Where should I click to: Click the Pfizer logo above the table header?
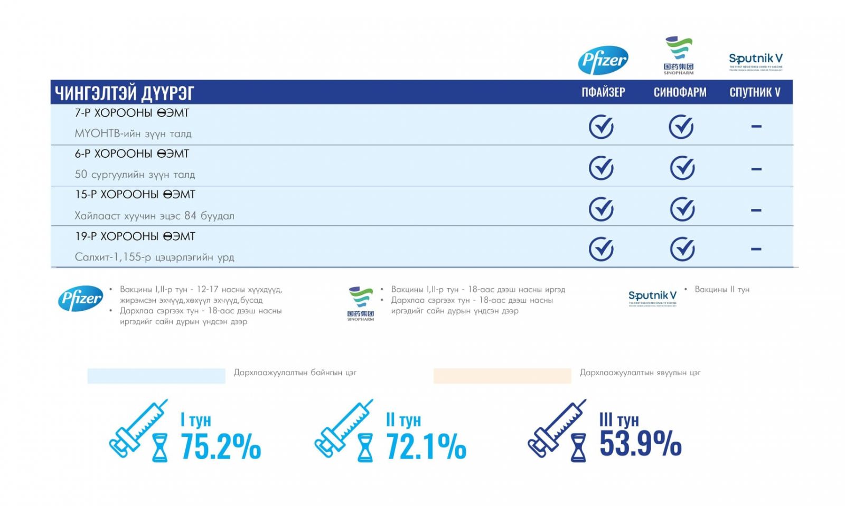[603, 60]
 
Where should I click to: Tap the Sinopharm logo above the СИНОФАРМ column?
[679, 55]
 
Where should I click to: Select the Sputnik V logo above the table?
[756, 61]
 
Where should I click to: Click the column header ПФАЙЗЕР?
[603, 92]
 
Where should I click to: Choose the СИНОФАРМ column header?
[680, 92]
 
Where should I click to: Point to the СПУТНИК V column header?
[755, 92]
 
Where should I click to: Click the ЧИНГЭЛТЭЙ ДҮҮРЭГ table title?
[125, 93]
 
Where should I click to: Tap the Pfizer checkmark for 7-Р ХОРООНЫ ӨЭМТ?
[601, 127]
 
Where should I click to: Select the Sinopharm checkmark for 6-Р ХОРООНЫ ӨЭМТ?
[682, 168]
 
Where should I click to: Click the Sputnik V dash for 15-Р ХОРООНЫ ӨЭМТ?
[756, 210]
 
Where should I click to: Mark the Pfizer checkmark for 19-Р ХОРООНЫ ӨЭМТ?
[601, 249]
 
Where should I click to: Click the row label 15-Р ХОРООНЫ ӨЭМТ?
[135, 195]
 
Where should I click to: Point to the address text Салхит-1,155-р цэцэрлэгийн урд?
[154, 257]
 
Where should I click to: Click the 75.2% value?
[221, 447]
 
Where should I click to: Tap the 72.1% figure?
[426, 447]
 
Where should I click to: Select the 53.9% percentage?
[640, 443]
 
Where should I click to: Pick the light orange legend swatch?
[502, 376]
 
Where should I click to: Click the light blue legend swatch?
[156, 376]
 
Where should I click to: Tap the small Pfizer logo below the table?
[81, 299]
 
